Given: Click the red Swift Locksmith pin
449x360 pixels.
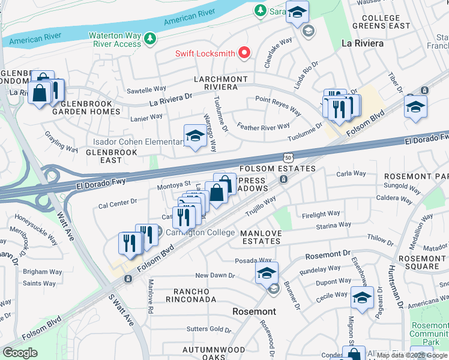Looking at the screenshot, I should coord(244,53).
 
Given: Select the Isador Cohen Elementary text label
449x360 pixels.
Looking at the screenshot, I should coord(139,142).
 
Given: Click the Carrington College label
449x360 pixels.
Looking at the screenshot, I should coord(196,232).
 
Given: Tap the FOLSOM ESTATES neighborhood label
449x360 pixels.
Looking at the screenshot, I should coord(277,169).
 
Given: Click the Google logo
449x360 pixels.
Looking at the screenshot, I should coord(20,352).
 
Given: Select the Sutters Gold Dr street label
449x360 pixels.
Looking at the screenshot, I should coord(208,329).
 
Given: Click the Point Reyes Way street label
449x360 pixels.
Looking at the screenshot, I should coord(278,105).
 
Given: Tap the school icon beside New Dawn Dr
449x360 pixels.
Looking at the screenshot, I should coord(267,273).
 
